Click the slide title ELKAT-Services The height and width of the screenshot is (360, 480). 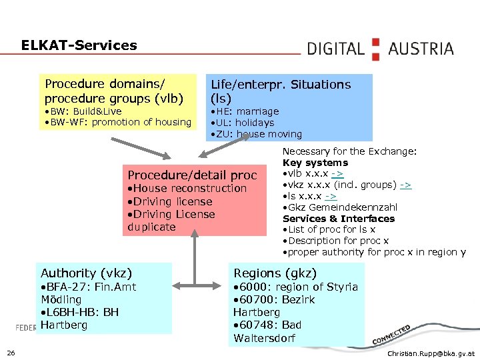pos(79,46)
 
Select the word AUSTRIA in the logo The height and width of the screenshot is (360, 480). pos(421,49)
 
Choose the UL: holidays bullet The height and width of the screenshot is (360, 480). pos(242,123)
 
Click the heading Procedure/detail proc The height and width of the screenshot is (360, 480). pos(192,175)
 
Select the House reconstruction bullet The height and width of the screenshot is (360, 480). pos(187,189)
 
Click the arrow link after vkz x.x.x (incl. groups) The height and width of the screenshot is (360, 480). pos(405,185)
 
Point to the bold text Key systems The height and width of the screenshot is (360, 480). pos(315,163)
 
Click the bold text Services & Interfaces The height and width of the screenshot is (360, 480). pos(339,219)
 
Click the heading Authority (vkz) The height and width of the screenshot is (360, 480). pos(87,273)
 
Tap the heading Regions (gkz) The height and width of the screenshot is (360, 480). pos(275,273)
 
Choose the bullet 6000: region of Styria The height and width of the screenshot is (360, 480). pos(295,287)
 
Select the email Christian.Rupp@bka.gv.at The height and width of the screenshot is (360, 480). pos(431,353)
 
